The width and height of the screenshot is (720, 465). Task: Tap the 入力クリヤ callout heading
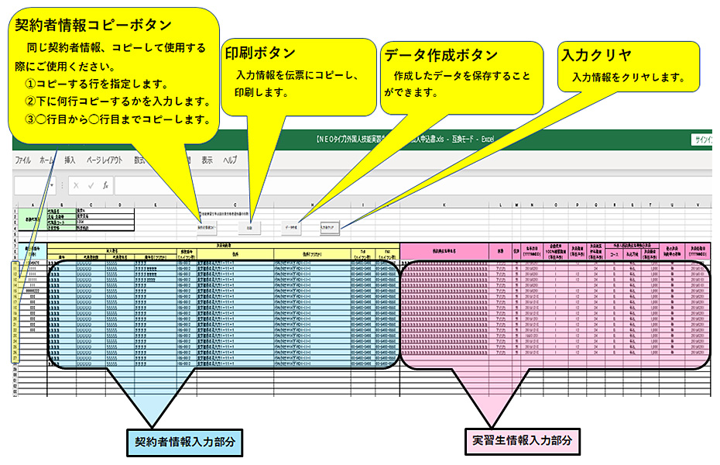tap(596, 55)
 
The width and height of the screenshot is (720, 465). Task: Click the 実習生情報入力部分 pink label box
tap(523, 440)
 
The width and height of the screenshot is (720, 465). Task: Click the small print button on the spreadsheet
tap(250, 229)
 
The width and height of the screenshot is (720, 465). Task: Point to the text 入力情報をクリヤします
tap(629, 77)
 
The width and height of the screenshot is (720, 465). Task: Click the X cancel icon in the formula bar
tap(76, 186)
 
